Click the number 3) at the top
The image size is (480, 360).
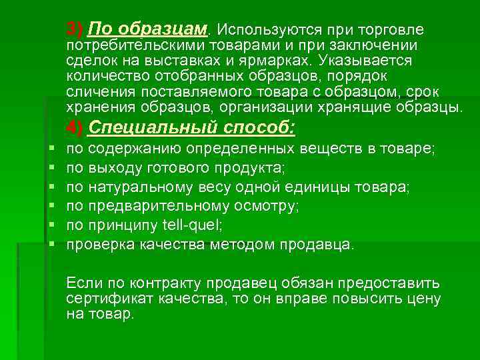pyautogui.click(x=75, y=29)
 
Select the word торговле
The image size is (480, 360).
pyautogui.click(x=387, y=30)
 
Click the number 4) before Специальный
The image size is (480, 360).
pyautogui.click(x=75, y=127)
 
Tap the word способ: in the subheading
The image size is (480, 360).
pyautogui.click(x=257, y=127)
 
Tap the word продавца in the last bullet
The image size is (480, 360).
pyautogui.click(x=323, y=245)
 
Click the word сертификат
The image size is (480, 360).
pyautogui.click(x=103, y=299)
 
